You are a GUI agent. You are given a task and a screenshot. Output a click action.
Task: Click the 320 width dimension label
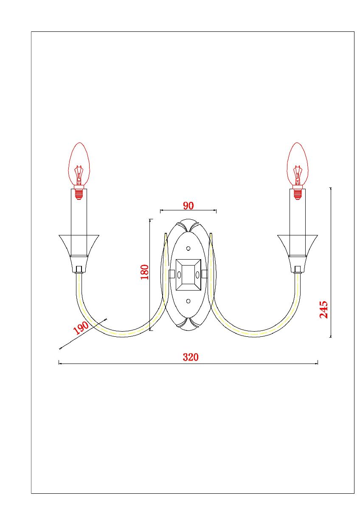coord(191,357)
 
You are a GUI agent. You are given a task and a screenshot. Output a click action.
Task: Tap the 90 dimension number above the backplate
coord(188,206)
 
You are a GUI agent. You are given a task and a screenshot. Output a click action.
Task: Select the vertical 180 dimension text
coord(145,272)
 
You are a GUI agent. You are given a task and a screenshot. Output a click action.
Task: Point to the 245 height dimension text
coord(323,310)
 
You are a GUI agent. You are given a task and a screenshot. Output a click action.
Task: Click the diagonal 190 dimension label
coord(81,328)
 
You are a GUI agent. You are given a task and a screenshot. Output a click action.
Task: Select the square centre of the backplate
coord(188,274)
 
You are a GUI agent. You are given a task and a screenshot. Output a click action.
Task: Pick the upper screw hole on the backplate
coord(188,249)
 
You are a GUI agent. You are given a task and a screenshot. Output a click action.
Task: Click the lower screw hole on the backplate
coord(188,301)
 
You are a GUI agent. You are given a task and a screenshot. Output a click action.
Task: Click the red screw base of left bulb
coord(79,193)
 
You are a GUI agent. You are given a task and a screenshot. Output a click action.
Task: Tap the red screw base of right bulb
coord(298,193)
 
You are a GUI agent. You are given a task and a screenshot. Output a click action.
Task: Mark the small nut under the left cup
coord(79,269)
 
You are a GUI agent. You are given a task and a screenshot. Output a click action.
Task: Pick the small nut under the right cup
coord(298,269)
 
